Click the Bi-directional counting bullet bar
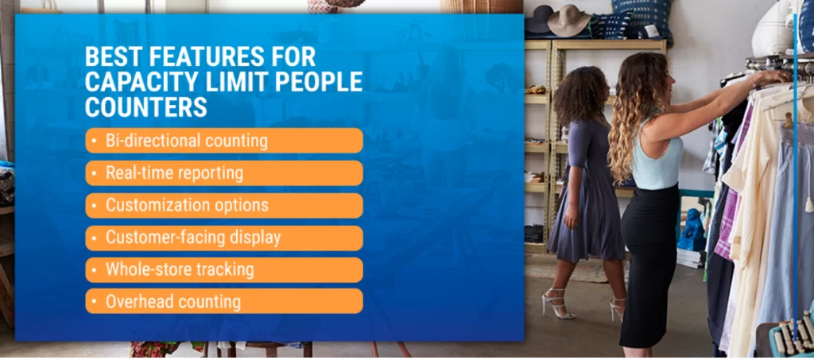click(224, 141)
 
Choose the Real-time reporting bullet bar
click(224, 172)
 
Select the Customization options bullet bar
click(224, 205)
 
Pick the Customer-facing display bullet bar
click(224, 238)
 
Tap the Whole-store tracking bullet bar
click(224, 269)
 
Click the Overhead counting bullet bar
click(224, 301)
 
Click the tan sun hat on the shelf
click(569, 21)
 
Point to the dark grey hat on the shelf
click(539, 20)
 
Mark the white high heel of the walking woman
click(556, 304)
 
